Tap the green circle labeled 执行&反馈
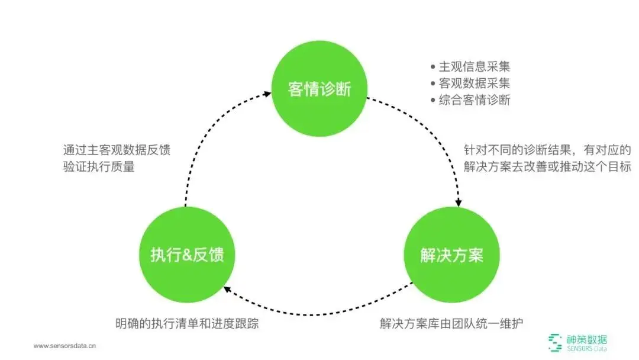pos(187,256)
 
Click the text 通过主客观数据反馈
pos(117,150)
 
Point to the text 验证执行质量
pos(99,166)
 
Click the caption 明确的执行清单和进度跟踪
pos(187,324)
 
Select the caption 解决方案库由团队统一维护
pos(451,324)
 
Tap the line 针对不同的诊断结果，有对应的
pos(547,150)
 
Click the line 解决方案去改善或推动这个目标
pos(547,166)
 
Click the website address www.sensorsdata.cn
pos(64,346)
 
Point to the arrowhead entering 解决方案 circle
pos(459,203)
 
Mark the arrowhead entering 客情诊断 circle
pos(264,92)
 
